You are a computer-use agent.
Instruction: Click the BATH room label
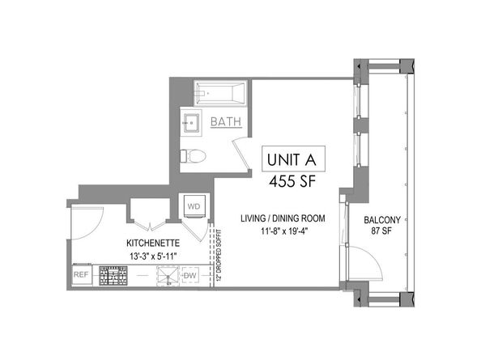pos(224,122)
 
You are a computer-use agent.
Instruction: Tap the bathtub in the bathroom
pos(222,94)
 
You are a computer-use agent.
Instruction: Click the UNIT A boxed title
pos(291,159)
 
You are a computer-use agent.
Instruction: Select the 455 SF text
pos(291,181)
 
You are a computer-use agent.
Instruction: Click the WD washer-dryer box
pos(195,206)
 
